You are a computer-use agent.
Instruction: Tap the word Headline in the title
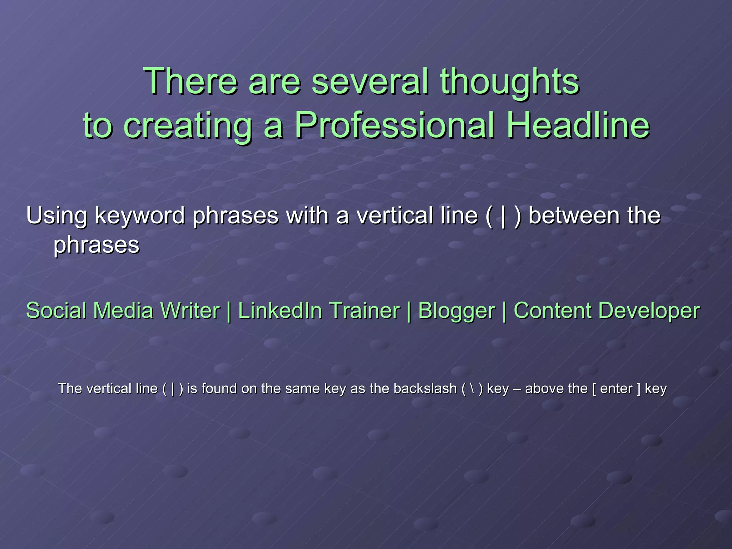[x=578, y=125]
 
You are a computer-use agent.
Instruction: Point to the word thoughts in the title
[x=509, y=82]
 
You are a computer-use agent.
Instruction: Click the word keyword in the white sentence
[x=140, y=216]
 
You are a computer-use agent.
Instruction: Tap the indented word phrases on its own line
[x=96, y=246]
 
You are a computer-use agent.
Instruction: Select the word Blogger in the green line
[x=456, y=311]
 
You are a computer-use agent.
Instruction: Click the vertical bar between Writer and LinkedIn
[x=229, y=311]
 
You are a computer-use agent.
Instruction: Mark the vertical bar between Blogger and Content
[x=504, y=311]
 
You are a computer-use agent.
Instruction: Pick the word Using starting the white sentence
[x=57, y=216]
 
